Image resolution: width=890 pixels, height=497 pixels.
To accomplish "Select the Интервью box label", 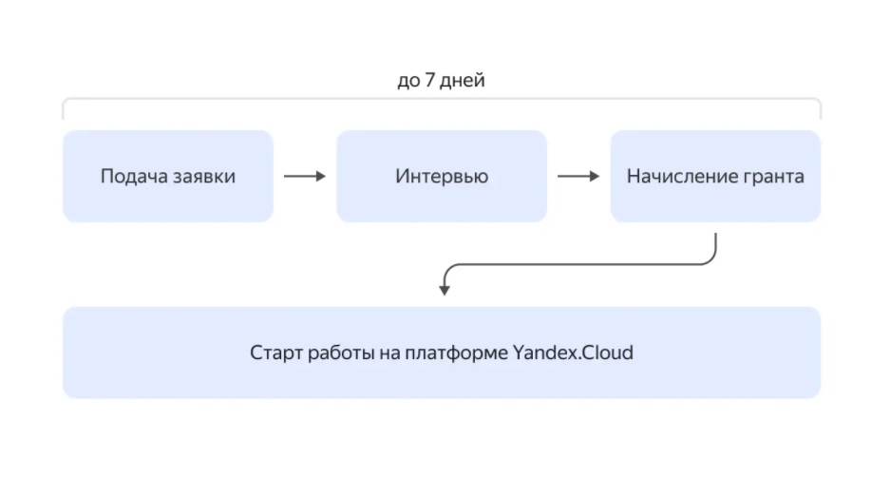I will click(x=442, y=177).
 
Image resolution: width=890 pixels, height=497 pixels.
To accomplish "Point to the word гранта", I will click(x=774, y=177).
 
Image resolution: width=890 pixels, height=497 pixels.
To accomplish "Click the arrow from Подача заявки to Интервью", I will click(x=304, y=176).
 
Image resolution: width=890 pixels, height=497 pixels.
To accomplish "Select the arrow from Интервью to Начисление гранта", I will click(x=578, y=176).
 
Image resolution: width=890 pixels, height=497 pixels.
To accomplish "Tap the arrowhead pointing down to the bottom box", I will click(x=444, y=289).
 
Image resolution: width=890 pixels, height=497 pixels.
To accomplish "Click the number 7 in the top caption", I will click(x=430, y=81).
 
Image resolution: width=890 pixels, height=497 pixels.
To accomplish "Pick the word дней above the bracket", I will click(x=463, y=81).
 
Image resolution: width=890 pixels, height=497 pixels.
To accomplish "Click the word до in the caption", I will click(x=408, y=81).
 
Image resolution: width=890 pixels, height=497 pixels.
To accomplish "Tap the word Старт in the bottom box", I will click(x=276, y=354).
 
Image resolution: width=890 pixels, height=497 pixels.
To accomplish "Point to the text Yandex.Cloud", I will click(x=573, y=354).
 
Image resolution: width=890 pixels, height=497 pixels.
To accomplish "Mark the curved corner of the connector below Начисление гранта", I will click(x=709, y=259).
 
